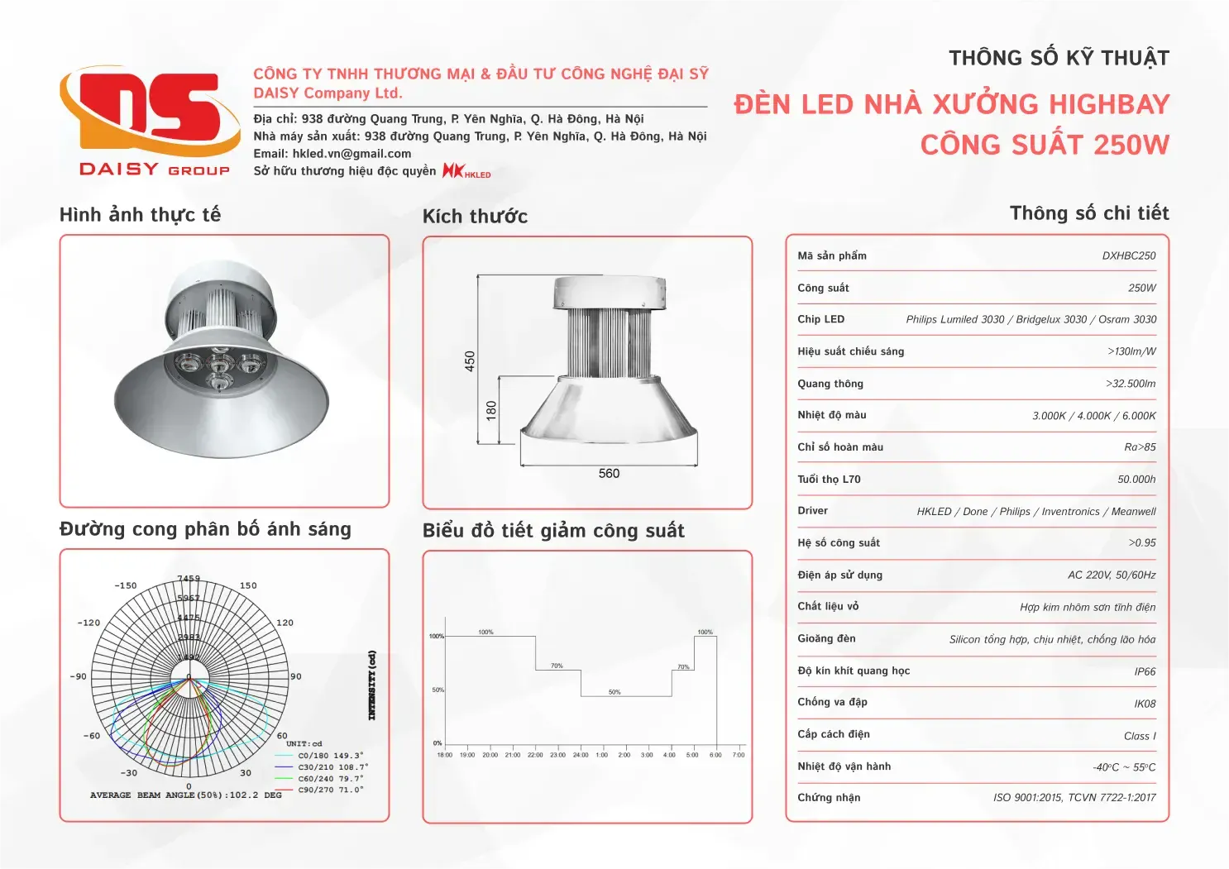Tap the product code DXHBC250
click(x=1128, y=256)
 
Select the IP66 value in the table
click(x=1145, y=672)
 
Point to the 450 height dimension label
click(x=470, y=361)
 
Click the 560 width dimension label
click(x=609, y=474)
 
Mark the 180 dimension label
click(x=491, y=410)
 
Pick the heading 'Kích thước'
click(x=475, y=217)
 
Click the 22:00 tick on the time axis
click(x=535, y=755)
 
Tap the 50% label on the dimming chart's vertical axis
click(x=438, y=690)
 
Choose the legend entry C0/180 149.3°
click(x=331, y=756)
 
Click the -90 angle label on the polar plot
click(x=78, y=676)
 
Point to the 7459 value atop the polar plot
click(x=189, y=579)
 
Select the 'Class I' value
click(x=1140, y=736)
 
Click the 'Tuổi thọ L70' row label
click(x=829, y=480)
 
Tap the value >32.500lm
click(x=1131, y=384)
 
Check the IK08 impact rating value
click(x=1145, y=704)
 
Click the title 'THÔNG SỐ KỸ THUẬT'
click(x=1059, y=59)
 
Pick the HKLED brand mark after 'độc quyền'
click(x=466, y=171)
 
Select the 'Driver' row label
click(x=812, y=511)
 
